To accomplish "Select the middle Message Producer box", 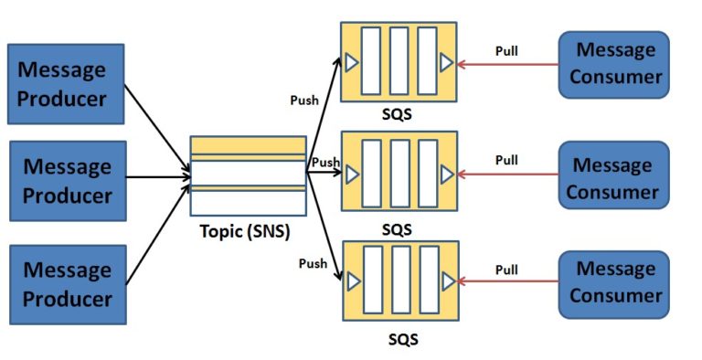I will click(x=66, y=182).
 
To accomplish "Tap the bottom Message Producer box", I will click(x=66, y=284).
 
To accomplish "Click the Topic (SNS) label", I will click(x=245, y=231).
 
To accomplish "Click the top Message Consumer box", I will click(x=614, y=64).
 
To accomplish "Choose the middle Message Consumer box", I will click(x=614, y=178).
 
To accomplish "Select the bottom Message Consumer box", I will click(x=614, y=282).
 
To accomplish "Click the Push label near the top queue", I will click(x=304, y=101).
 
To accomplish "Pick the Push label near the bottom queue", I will click(x=313, y=264).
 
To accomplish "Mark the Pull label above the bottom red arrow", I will click(x=506, y=270).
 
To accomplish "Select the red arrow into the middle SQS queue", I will click(x=507, y=174).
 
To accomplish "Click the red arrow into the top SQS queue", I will click(x=507, y=64).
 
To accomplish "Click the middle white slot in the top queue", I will click(x=399, y=61).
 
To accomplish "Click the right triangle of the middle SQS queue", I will click(x=446, y=173).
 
